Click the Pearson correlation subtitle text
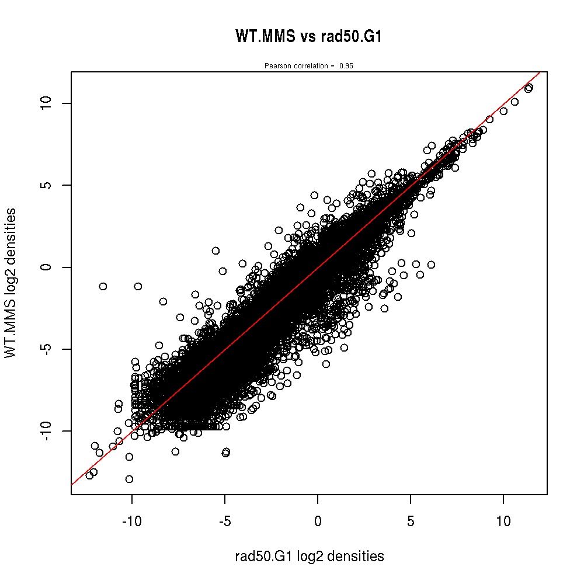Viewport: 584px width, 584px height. click(x=299, y=66)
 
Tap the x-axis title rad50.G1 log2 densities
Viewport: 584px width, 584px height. click(x=310, y=557)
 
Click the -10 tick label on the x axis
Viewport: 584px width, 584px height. click(x=132, y=520)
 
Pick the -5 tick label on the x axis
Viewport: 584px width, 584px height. click(x=225, y=520)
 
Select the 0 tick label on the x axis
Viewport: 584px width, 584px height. click(x=318, y=520)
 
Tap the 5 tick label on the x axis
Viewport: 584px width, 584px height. click(x=411, y=520)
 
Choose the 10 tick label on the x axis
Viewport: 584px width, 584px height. click(x=503, y=520)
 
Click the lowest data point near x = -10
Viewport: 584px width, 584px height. click(x=129, y=479)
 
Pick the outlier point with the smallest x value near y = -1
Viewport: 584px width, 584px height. click(x=103, y=286)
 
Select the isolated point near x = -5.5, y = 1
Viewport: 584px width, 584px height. click(x=215, y=251)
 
